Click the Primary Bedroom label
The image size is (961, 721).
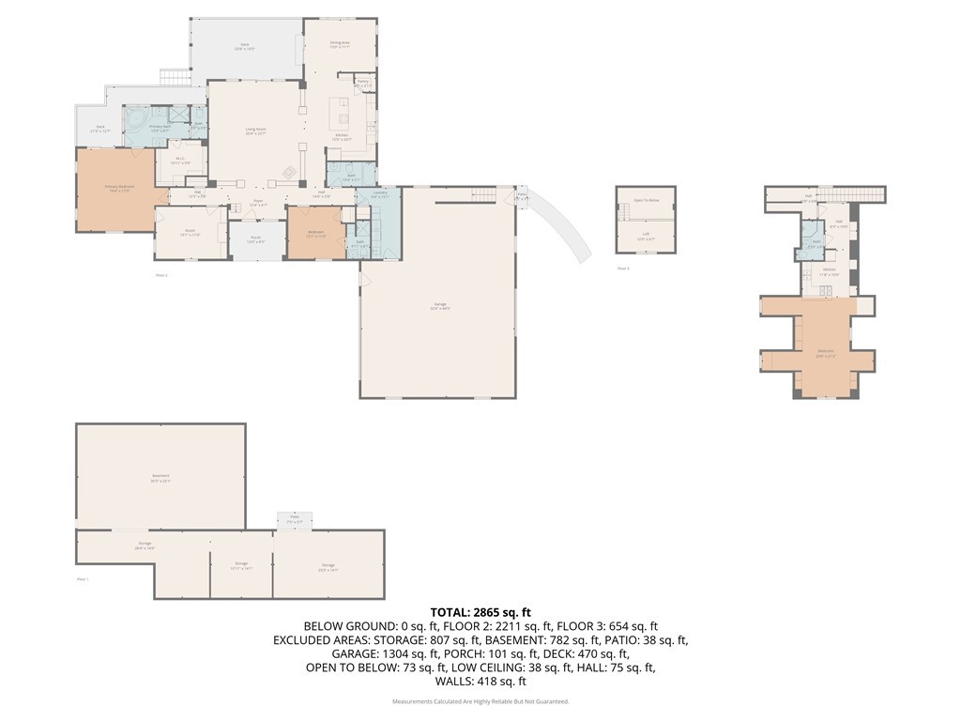[x=119, y=188]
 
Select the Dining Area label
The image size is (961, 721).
[x=340, y=44]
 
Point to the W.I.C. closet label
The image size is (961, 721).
[x=182, y=161]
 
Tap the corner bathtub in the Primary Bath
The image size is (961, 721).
[x=137, y=120]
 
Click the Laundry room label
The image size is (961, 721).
[x=380, y=196]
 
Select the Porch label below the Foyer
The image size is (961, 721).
[x=255, y=239]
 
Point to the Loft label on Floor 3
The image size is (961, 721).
[x=646, y=236]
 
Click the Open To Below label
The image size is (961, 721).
[x=646, y=200]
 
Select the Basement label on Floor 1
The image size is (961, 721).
[x=160, y=477]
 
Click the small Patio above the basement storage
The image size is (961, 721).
[x=294, y=519]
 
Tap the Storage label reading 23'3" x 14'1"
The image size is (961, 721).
[x=328, y=567]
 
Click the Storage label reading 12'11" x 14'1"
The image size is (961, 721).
[x=241, y=566]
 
